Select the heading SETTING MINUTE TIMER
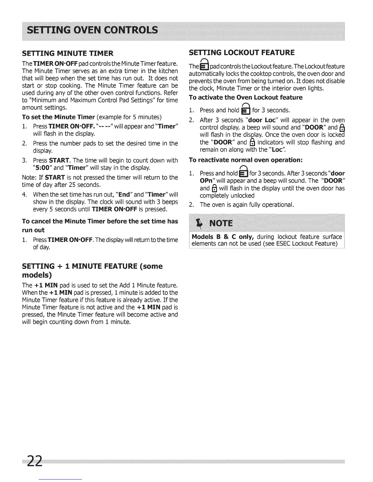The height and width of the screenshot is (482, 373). tap(68, 54)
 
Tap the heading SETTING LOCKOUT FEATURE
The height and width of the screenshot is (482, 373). tap(242, 53)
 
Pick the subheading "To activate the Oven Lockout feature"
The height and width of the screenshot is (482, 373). tap(246, 97)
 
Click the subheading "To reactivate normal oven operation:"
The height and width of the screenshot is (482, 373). tap(246, 160)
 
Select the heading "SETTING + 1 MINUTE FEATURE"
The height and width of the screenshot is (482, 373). tap(92, 266)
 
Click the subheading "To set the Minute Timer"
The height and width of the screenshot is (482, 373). tap(59, 117)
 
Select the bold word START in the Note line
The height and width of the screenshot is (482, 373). tap(55, 177)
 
